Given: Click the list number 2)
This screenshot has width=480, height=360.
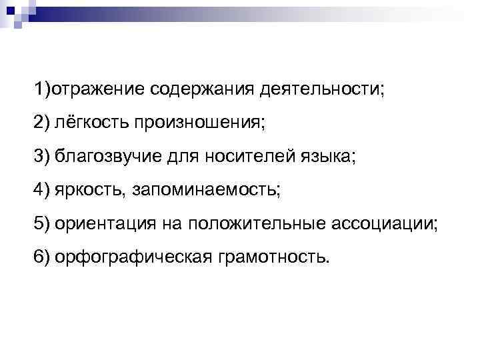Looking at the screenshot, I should (45, 123).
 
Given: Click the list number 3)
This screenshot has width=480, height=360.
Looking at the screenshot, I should (45, 158).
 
